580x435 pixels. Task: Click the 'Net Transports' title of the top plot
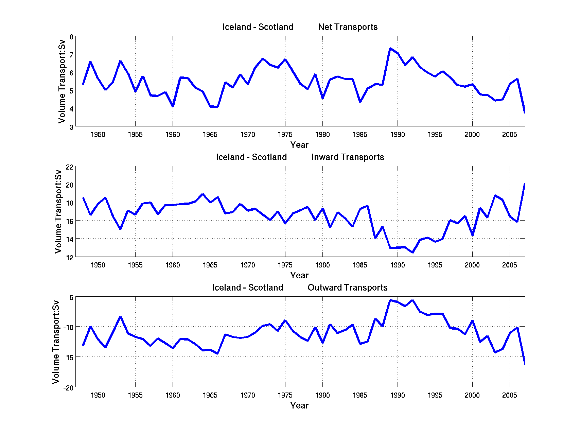[x=348, y=27]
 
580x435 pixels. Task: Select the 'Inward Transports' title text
[x=348, y=157]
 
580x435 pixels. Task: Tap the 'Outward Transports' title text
[x=347, y=288]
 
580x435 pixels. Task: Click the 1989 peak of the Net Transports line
[x=390, y=49]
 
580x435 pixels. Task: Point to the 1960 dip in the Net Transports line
[x=173, y=106]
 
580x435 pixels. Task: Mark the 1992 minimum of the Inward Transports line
[x=412, y=253]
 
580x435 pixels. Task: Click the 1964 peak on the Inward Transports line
[x=203, y=194]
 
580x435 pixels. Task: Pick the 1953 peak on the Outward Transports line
[x=120, y=317]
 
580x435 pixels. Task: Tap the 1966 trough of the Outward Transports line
[x=217, y=353]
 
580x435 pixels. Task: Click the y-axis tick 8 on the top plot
[x=71, y=37]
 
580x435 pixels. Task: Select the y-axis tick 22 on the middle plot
[x=69, y=167]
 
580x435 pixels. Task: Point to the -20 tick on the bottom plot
[x=68, y=388]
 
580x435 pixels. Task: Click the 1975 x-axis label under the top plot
[x=285, y=135]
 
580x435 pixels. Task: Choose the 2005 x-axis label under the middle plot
[x=509, y=265]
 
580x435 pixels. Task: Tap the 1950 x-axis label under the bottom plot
[x=98, y=395]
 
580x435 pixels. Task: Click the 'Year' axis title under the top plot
[x=299, y=145]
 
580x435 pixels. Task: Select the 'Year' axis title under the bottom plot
[x=299, y=406]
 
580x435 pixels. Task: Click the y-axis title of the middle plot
[x=58, y=211]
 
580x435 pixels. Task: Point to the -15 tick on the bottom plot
[x=68, y=358]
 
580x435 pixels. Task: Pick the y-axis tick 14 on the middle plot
[x=69, y=239]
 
